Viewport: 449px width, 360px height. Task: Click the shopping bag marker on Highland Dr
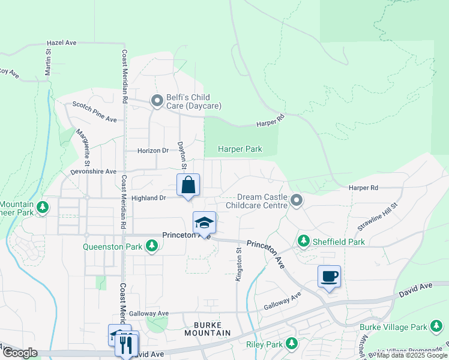[x=188, y=185]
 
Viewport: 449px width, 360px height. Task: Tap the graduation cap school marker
[x=204, y=223]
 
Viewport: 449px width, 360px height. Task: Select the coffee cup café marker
[x=329, y=277]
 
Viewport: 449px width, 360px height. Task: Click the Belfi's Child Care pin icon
[x=157, y=101]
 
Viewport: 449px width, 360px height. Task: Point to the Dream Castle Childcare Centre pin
[x=296, y=200]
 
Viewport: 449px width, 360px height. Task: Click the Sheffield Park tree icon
[x=304, y=242]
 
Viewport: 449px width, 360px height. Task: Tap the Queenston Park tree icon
[x=152, y=245]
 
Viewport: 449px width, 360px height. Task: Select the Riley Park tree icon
[x=291, y=344]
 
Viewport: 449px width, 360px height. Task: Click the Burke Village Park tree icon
[x=437, y=327]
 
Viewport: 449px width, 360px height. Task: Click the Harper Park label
[x=240, y=149]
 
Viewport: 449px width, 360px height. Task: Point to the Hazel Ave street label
[x=62, y=43]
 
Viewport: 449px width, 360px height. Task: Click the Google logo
[x=20, y=353]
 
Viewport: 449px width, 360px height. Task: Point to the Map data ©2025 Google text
[x=412, y=355]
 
